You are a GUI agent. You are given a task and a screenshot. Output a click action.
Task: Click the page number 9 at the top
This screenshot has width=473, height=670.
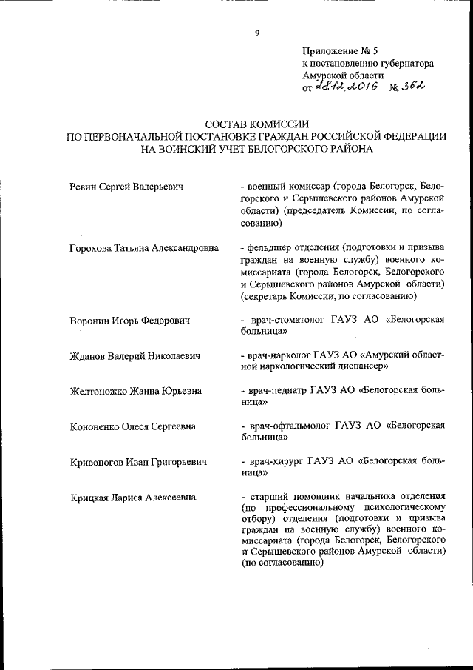click(x=256, y=33)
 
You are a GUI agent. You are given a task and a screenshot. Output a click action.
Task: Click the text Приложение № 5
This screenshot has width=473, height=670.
click(x=339, y=51)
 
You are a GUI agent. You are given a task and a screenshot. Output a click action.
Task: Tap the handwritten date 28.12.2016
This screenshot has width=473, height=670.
click(x=347, y=87)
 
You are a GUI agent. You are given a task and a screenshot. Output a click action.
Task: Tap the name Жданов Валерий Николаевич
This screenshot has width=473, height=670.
click(x=135, y=356)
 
